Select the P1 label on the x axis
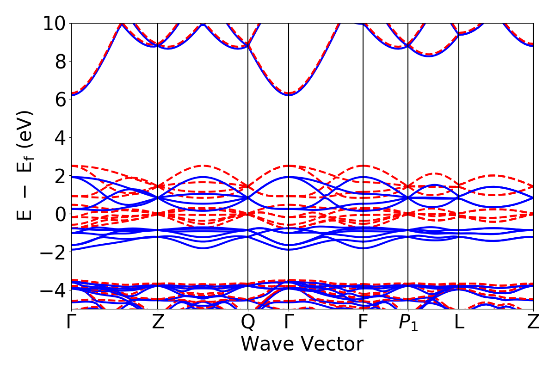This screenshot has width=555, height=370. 408,323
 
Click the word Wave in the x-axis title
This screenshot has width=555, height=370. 268,345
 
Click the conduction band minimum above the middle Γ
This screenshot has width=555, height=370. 289,95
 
